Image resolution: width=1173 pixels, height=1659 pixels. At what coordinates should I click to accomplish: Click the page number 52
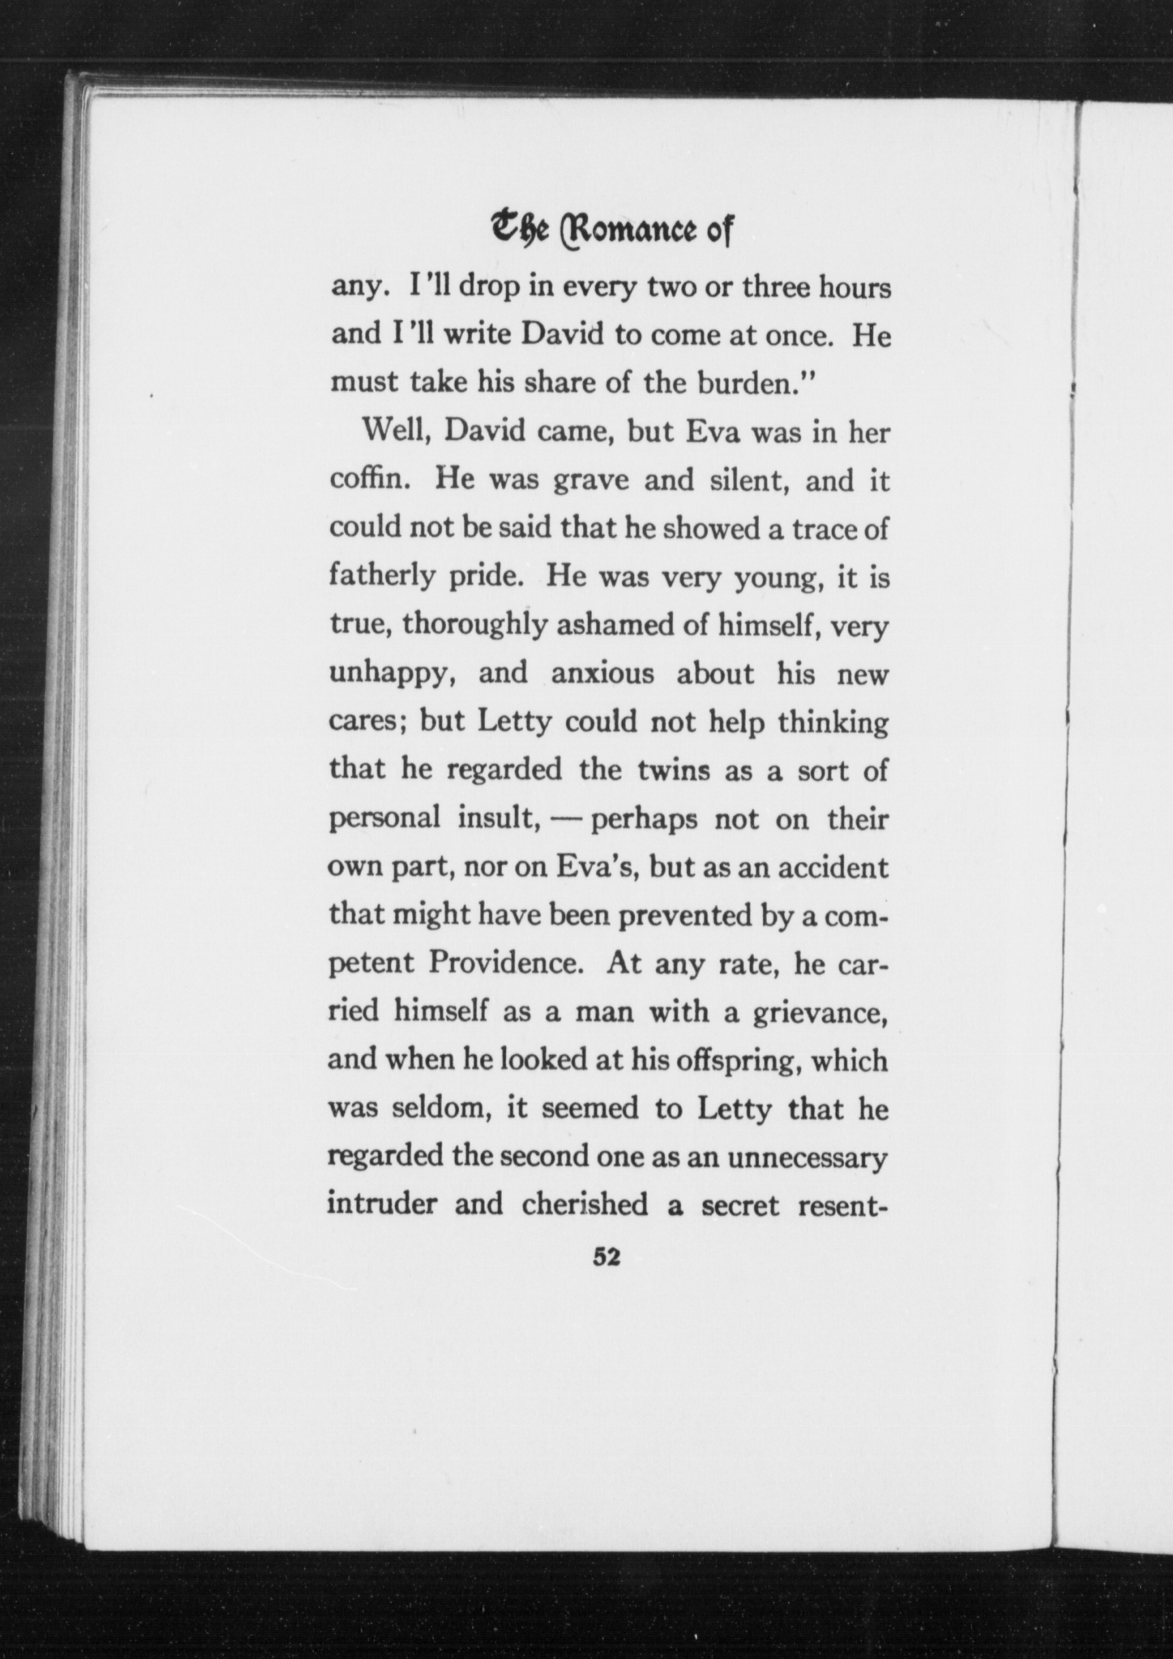(606, 1257)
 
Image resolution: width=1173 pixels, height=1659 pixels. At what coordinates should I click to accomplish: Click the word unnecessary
(806, 1157)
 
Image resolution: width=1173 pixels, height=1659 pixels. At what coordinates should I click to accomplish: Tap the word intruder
(381, 1204)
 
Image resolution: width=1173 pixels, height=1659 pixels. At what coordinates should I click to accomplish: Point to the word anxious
(602, 673)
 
